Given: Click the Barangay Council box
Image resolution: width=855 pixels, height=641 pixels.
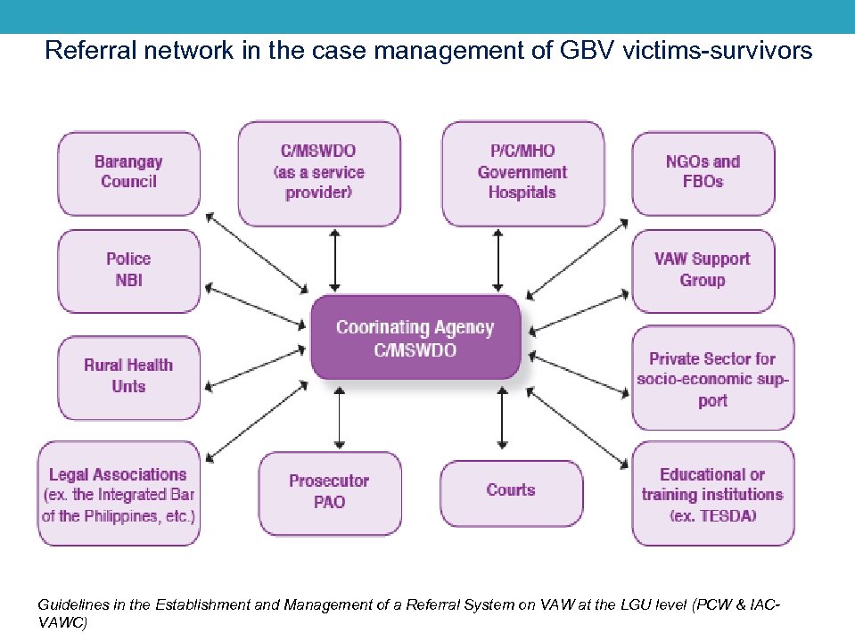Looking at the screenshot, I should pyautogui.click(x=128, y=172).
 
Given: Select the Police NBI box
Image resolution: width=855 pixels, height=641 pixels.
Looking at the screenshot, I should pyautogui.click(x=128, y=270).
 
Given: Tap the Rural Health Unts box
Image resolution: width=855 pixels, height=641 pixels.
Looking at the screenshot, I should pyautogui.click(x=128, y=376).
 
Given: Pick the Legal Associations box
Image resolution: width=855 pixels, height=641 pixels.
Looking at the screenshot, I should pyautogui.click(x=118, y=496).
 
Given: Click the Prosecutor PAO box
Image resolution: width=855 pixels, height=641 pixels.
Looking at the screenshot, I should pyautogui.click(x=329, y=492).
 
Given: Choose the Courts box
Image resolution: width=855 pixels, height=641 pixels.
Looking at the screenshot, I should pyautogui.click(x=511, y=490).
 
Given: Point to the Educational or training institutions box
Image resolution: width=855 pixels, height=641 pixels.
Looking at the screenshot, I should pyautogui.click(x=712, y=495).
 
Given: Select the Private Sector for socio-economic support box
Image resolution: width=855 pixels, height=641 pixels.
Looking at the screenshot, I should pyautogui.click(x=712, y=379).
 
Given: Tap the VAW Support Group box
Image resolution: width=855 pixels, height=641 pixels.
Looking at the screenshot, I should pyautogui.click(x=703, y=270).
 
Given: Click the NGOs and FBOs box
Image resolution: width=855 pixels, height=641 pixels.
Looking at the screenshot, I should pyautogui.click(x=703, y=172).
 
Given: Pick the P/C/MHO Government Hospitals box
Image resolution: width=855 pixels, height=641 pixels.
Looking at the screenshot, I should pyautogui.click(x=522, y=173).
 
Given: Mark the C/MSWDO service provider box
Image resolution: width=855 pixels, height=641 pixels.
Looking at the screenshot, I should pyautogui.click(x=318, y=173).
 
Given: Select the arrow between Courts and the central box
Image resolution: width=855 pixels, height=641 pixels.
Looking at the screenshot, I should pyautogui.click(x=503, y=417).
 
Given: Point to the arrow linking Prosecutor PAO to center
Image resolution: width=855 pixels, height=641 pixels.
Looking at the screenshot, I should pyautogui.click(x=337, y=417).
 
